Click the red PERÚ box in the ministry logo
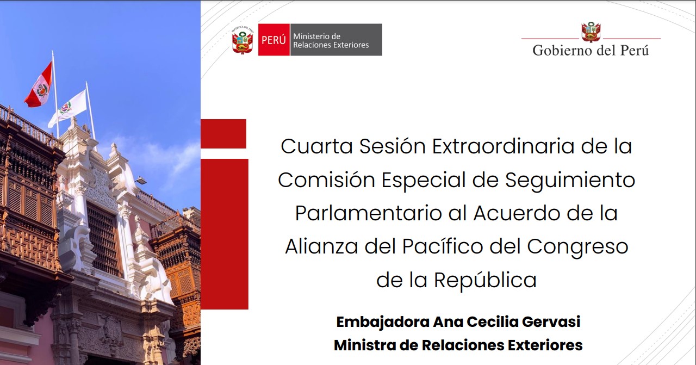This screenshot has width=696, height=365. tap(274, 40)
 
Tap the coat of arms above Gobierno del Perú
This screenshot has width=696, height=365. tap(591, 32)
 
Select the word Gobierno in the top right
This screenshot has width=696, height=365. tap(563, 51)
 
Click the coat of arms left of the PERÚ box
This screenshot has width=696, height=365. tap(243, 40)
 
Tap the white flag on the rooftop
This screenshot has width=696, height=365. tap(68, 108)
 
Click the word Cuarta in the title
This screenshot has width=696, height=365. tap(316, 146)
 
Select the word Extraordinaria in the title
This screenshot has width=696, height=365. tap(503, 146)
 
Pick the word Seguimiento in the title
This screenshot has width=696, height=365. tap(570, 180)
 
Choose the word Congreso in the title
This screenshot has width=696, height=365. tap(577, 247)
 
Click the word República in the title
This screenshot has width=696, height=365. tap(486, 280)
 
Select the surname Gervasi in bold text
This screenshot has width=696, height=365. tap(551, 322)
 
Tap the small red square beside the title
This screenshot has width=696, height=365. tap(223, 134)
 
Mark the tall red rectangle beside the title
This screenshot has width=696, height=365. tap(225, 234)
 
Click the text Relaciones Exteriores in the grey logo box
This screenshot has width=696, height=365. tap(331, 45)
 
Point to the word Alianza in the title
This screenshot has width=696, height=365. tap(321, 246)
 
